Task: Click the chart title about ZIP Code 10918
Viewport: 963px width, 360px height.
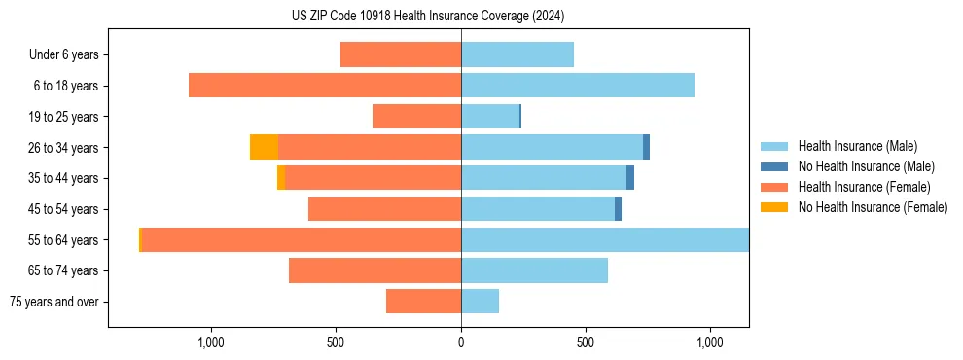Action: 428,17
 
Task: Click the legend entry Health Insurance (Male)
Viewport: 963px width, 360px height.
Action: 857,146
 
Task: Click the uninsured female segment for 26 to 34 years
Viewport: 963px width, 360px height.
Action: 264,147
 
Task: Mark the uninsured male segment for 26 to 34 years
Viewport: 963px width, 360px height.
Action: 646,147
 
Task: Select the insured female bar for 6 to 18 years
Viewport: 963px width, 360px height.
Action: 324,86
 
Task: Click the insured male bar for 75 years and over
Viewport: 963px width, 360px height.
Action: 480,302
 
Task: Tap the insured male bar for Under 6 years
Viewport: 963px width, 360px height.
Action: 517,54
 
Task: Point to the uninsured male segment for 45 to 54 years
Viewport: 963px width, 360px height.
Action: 618,209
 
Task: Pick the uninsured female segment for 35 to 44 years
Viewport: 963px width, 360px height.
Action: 281,178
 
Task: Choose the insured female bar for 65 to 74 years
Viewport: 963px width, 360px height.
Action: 374,270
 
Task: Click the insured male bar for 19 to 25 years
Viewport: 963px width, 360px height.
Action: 490,117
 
